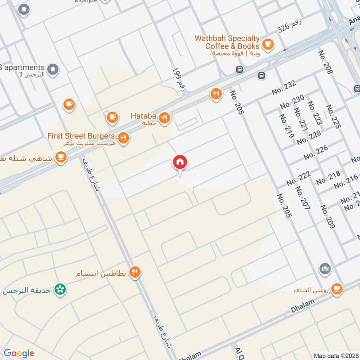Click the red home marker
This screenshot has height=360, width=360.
[180, 162]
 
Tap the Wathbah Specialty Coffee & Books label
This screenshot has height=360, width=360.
[226, 42]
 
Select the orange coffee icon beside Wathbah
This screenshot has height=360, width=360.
[268, 44]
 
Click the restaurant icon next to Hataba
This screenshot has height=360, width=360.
[165, 118]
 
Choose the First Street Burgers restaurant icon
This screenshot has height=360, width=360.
[123, 138]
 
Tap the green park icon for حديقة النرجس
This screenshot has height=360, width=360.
[59, 289]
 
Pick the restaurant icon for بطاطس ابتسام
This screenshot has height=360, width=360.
[135, 272]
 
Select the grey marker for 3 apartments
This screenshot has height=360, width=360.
[53, 69]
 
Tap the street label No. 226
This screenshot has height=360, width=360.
[316, 153]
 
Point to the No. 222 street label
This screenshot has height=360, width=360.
[299, 179]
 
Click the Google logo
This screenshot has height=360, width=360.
[19, 353]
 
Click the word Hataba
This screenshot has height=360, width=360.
[143, 116]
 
